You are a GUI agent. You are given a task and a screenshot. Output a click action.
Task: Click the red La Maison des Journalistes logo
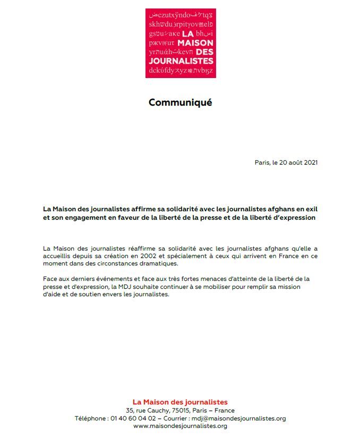(181, 43)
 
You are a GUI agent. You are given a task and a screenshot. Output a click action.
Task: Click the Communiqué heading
(180, 102)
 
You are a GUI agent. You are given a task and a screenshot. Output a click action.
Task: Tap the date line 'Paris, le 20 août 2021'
(286, 162)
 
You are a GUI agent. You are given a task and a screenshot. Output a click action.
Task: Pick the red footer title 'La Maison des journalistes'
(180, 402)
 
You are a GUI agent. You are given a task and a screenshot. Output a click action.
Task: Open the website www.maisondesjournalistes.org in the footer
(180, 426)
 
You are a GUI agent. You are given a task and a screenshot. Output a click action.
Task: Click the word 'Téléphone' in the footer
(90, 418)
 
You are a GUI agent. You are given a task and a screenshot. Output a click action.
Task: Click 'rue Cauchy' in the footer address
(149, 410)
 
